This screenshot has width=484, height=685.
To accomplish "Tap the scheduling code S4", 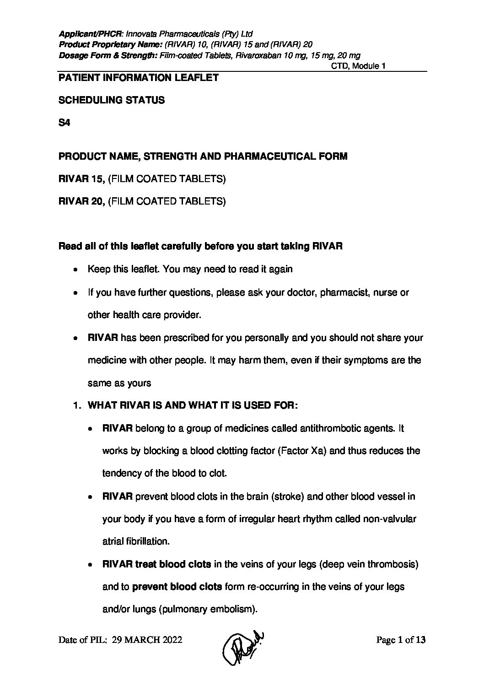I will pyautogui.click(x=64, y=123).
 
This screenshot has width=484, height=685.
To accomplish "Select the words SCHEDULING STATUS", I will pyautogui.click(x=112, y=100).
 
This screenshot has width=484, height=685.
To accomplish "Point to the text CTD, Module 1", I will pyautogui.click(x=358, y=66).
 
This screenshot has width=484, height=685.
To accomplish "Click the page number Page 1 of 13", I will pyautogui.click(x=401, y=640).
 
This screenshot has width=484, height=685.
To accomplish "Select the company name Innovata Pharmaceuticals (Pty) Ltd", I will pyautogui.click(x=189, y=34).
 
